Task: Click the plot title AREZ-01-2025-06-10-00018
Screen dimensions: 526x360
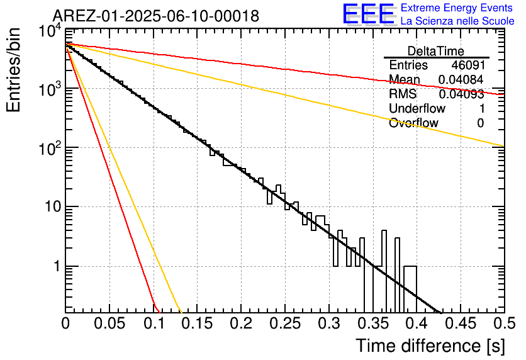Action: click(x=156, y=16)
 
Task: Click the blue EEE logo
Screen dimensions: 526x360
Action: click(x=368, y=14)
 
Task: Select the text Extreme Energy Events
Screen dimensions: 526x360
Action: click(x=457, y=8)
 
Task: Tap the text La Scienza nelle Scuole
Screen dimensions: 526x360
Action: click(x=457, y=21)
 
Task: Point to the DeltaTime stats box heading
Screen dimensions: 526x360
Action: click(x=436, y=51)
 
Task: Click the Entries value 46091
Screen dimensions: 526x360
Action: click(x=468, y=65)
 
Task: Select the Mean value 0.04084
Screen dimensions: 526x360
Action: click(x=461, y=79)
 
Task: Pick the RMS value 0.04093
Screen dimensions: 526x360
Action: click(x=461, y=94)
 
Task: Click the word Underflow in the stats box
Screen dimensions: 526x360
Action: click(x=417, y=108)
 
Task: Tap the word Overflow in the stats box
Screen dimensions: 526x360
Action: click(x=413, y=123)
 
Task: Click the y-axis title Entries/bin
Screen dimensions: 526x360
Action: click(x=13, y=70)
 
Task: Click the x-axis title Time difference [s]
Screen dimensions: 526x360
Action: click(x=430, y=346)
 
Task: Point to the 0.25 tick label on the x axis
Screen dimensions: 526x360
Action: click(x=285, y=323)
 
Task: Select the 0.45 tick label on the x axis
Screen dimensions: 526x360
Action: click(x=461, y=323)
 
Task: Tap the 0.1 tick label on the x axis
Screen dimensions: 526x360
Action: click(x=154, y=323)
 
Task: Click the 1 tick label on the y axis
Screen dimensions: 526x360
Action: click(x=57, y=267)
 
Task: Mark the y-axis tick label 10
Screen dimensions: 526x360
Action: click(x=53, y=207)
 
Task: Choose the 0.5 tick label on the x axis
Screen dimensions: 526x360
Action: click(x=505, y=323)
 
